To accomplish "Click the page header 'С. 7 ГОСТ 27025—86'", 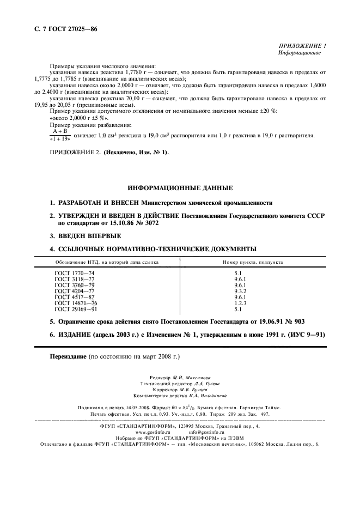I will tap(62, 28).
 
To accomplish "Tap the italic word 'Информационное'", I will tap(300, 53).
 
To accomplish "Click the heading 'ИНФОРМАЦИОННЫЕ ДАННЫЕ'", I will tap(180, 187).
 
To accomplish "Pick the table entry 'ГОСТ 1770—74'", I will tap(75, 272).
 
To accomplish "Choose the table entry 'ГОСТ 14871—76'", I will tap(76, 302).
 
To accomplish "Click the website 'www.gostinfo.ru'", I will tap(145, 431).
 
